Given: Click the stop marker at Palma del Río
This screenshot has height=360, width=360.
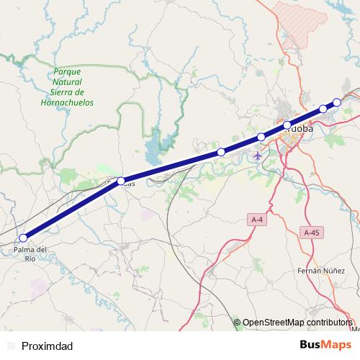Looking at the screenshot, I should [23, 238].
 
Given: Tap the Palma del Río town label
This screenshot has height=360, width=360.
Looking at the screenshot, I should [30, 253].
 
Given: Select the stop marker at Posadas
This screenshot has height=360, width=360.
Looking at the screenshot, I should [121, 181].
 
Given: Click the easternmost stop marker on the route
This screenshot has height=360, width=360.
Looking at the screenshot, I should [336, 102].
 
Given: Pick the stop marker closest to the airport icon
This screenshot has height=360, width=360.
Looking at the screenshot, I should [261, 137].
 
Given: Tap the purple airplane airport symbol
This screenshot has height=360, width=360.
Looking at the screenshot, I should [258, 155].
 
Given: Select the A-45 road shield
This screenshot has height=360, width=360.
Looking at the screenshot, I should [311, 233].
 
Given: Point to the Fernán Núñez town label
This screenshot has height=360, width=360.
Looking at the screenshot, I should [318, 271].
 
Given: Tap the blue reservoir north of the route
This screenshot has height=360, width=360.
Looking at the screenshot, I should [154, 150].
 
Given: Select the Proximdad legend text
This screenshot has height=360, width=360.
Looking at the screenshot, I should [47, 346].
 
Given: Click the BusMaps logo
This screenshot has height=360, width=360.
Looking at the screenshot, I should [325, 345].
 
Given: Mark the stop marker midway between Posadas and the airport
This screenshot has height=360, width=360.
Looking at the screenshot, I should [221, 152].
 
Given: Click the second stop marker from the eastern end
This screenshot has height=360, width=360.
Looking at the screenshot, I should [323, 109].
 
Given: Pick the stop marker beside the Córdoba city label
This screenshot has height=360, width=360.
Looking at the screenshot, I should [287, 125].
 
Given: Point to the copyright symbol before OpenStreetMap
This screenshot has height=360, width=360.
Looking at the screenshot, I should [237, 323].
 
